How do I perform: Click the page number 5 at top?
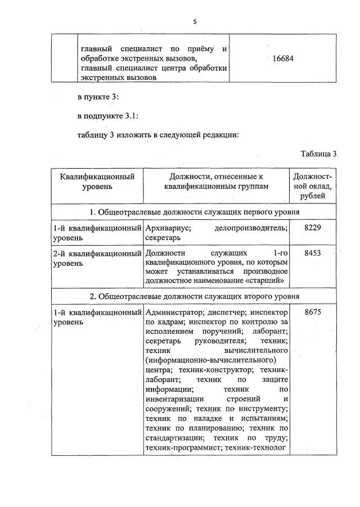click(195, 22)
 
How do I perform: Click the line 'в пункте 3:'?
click(98, 97)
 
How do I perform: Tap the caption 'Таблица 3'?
click(318, 154)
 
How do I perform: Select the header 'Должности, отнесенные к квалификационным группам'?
click(216, 181)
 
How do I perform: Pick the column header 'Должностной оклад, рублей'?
click(312, 185)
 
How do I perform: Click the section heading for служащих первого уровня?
click(193, 212)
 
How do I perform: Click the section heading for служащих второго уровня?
click(193, 296)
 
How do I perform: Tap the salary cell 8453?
click(312, 254)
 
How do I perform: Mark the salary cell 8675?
click(312, 313)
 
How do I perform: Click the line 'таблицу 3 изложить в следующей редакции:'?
click(160, 135)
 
